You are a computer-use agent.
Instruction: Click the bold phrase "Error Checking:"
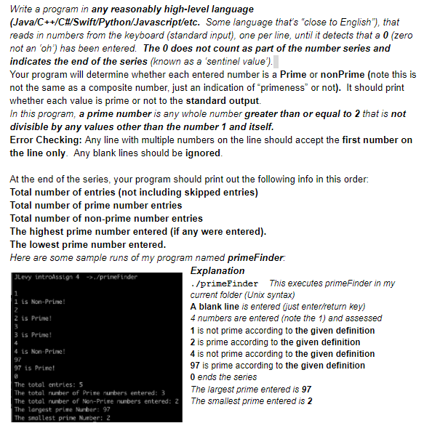[x=43, y=140]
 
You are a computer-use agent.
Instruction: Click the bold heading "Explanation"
[x=217, y=271]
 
